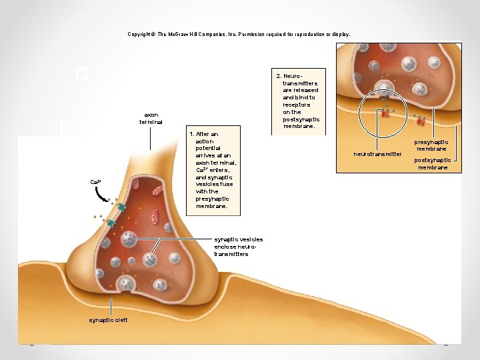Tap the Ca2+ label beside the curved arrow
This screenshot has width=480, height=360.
pyautogui.click(x=95, y=182)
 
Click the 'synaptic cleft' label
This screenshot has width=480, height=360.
pyautogui.click(x=109, y=319)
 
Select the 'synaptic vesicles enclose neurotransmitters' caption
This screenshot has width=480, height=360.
pyautogui.click(x=238, y=247)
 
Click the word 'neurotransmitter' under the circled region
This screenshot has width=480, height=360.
pyautogui.click(x=377, y=154)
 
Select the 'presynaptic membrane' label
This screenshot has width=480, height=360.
pyautogui.click(x=431, y=145)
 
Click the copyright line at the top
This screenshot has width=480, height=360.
pyautogui.click(x=239, y=34)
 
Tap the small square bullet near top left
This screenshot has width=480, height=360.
pyautogui.click(x=82, y=73)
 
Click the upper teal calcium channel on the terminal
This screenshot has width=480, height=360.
pyautogui.click(x=121, y=208)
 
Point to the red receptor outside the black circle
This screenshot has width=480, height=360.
pyautogui.click(x=420, y=121)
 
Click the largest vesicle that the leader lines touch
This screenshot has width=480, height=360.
pyautogui.click(x=129, y=239)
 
